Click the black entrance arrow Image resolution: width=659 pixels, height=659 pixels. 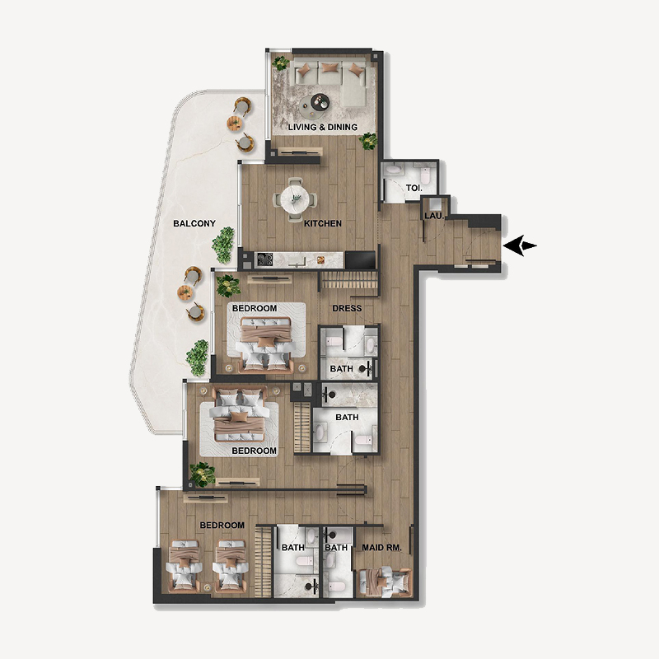coord(521,245)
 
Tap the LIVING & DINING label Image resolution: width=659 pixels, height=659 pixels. coord(322,127)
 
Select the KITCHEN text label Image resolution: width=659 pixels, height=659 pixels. coord(322,223)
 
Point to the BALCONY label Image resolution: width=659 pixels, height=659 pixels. coord(194,223)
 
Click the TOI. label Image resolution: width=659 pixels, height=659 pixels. coord(414,188)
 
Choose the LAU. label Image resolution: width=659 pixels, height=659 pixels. coord(434,216)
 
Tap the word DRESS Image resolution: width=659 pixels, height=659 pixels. coord(347,308)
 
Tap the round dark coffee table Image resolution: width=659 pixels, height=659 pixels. coord(317,102)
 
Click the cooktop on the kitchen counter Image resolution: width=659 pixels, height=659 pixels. coord(265,259)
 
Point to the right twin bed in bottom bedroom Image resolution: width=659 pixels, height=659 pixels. coord(230,566)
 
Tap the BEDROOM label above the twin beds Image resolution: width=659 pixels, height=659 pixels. coord(222,525)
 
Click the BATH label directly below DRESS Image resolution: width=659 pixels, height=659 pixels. coord(341,368)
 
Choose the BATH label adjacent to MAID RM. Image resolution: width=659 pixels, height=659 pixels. coord(335,547)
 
